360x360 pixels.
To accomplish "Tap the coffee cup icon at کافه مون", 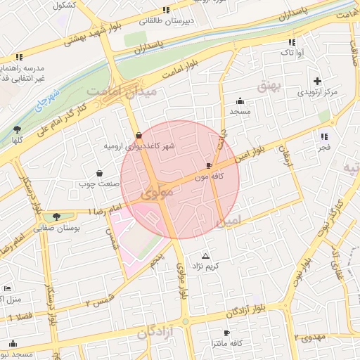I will point(209,165).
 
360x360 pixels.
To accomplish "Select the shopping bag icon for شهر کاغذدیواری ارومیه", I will point(138,135).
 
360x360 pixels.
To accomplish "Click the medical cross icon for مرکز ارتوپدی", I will point(317,81).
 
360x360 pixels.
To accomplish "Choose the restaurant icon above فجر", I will point(323,136).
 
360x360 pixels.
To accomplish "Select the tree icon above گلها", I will point(16,129).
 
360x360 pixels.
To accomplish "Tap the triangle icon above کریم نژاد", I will point(205,255).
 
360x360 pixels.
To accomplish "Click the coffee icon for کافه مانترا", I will point(226,333).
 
